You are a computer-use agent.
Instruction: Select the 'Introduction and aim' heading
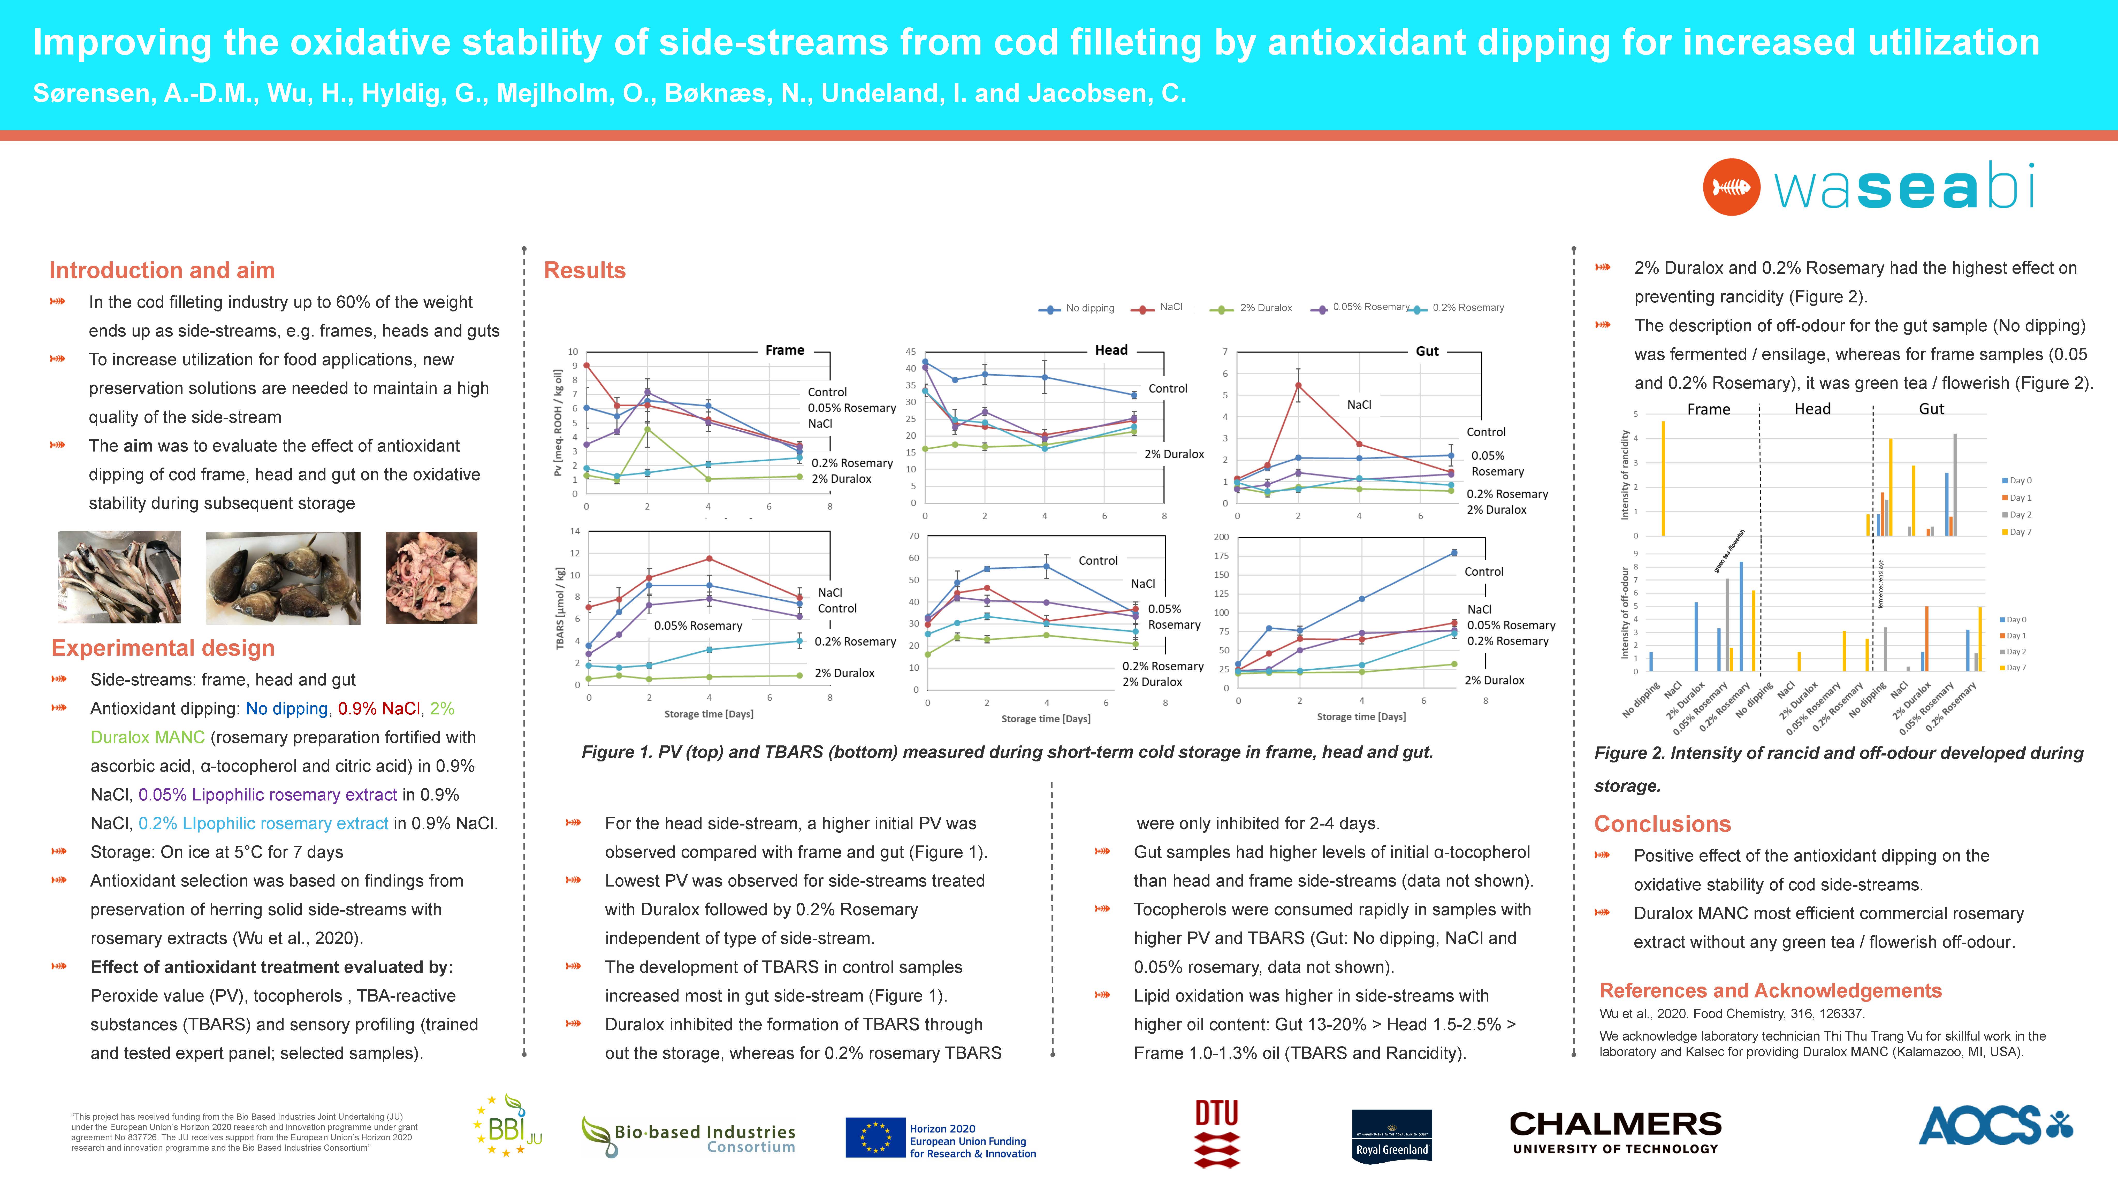(162, 270)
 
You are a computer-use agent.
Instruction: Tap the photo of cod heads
(283, 578)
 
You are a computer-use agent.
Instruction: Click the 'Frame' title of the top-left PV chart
(784, 350)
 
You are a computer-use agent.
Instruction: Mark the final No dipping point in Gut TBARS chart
(1454, 552)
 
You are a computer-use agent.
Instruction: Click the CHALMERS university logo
(1615, 1132)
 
